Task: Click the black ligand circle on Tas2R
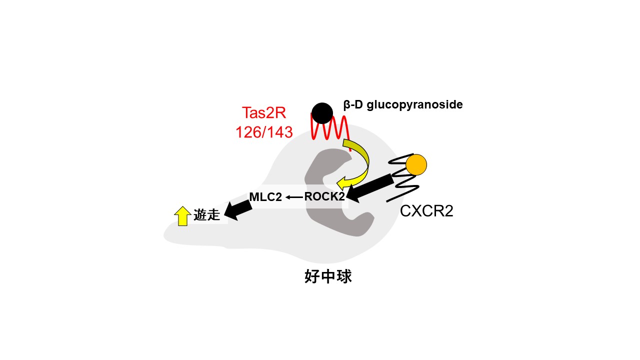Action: (322, 113)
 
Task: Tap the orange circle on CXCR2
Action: (416, 164)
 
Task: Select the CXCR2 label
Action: (426, 211)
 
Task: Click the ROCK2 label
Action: (324, 196)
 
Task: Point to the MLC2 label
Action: (265, 197)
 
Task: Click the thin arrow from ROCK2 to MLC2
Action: (294, 197)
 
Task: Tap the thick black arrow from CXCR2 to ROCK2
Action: (370, 187)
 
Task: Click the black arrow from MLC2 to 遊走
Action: (238, 210)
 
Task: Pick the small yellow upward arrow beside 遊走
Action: (182, 216)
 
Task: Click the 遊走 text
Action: (206, 215)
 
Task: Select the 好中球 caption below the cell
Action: (328, 276)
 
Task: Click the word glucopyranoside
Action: (414, 105)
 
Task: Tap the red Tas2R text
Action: (264, 112)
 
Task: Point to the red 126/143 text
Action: (264, 132)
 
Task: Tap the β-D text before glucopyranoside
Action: (353, 105)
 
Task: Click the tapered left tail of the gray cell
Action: (183, 234)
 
